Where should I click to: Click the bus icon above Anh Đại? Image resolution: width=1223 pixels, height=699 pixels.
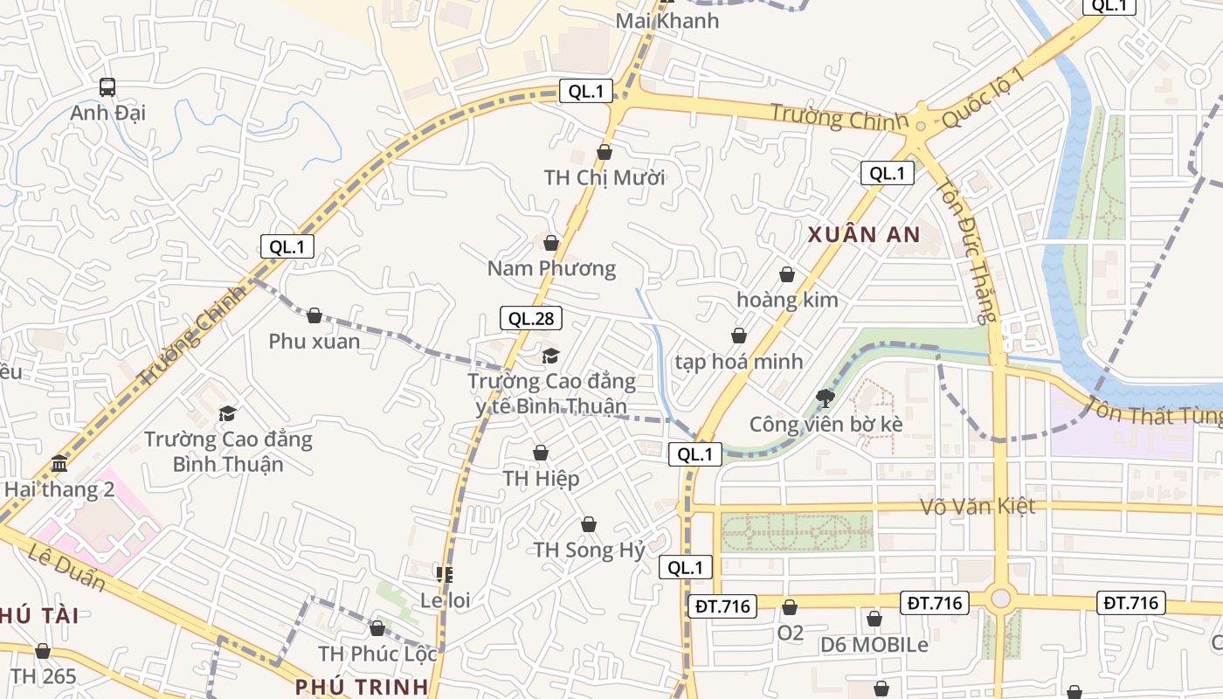107,87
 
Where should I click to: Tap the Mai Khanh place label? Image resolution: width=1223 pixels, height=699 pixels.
667,21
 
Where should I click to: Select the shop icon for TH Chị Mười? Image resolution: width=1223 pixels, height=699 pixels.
605,153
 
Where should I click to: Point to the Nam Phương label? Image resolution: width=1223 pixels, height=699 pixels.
551,268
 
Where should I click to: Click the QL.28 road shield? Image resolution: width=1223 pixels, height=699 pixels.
531,318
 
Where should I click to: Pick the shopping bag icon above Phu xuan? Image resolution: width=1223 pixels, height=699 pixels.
314,315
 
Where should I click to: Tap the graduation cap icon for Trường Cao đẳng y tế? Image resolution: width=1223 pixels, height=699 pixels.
550,356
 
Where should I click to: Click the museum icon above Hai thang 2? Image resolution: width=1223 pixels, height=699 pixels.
59,463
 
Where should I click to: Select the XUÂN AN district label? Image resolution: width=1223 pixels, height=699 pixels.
864,234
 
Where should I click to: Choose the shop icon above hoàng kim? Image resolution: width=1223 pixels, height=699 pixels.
787,275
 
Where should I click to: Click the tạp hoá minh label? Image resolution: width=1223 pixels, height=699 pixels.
738,362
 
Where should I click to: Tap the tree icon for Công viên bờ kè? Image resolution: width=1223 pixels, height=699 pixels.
825,399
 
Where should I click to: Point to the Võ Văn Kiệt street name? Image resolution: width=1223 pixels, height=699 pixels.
978,507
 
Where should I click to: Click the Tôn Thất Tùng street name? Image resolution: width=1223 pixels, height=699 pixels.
1153,412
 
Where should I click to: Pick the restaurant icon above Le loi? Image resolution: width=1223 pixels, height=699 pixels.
445,574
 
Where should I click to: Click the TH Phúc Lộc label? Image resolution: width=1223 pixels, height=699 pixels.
377,654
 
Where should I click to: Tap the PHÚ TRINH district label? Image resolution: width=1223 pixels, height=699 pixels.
362,686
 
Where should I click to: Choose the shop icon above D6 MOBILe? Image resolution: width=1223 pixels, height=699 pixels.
874,619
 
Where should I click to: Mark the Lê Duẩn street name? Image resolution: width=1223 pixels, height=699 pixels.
66,567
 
